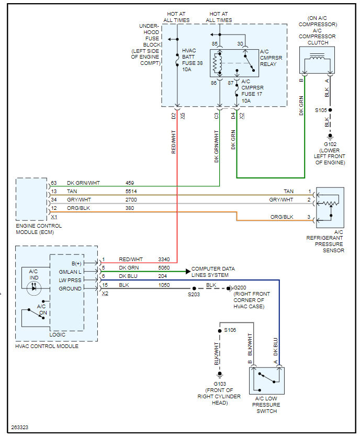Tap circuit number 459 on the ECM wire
[130, 183]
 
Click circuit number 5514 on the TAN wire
[131, 192]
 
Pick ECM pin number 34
[54, 200]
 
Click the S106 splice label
[230, 330]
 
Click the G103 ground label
[220, 384]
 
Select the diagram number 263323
[19, 428]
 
